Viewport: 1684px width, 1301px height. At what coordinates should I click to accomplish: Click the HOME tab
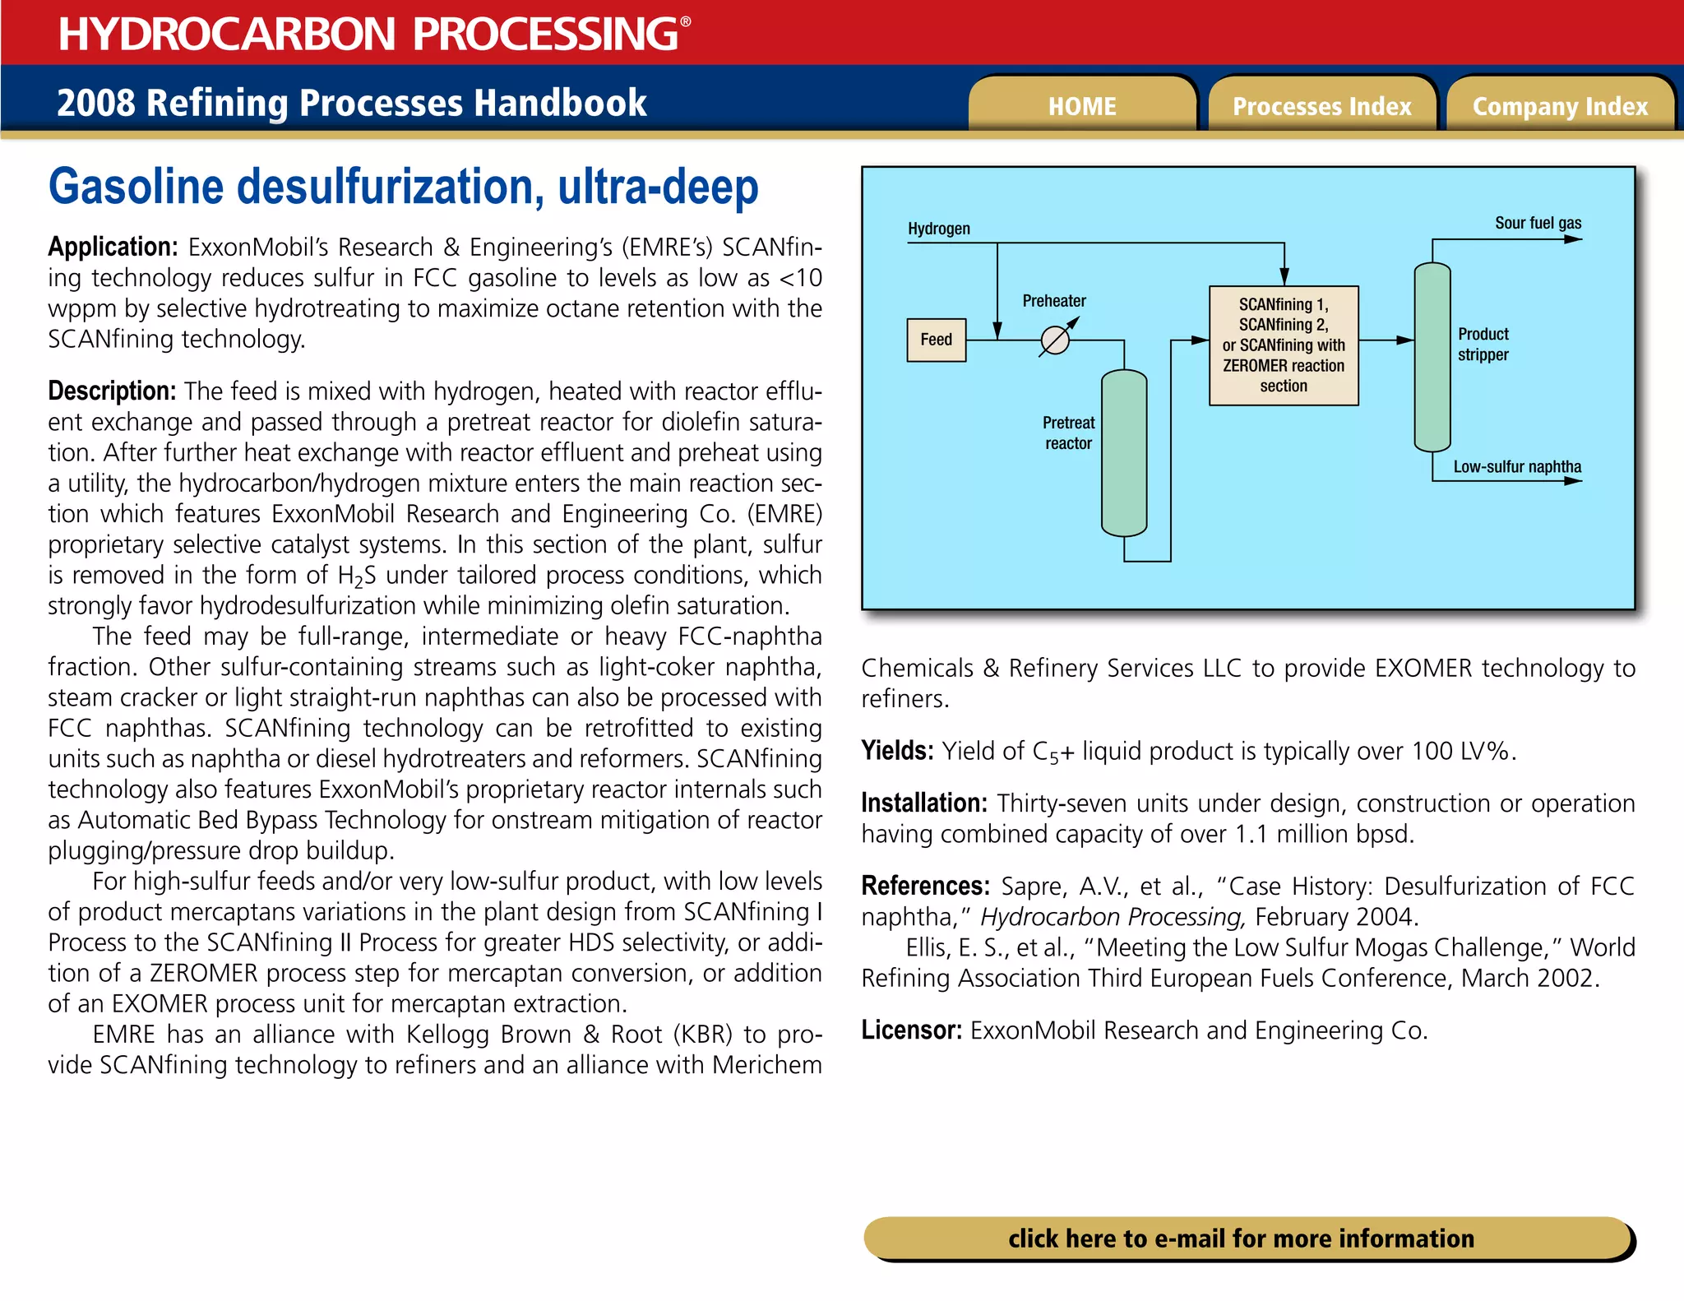click(1081, 106)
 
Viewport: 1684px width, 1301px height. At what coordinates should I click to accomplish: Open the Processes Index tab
click(1321, 106)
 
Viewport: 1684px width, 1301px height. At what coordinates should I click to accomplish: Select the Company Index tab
click(1560, 106)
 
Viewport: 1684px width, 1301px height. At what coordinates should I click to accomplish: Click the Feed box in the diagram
click(936, 340)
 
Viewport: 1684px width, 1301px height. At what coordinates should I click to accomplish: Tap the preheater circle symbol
click(1055, 340)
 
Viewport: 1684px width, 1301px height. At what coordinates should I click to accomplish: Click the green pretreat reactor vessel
click(1123, 453)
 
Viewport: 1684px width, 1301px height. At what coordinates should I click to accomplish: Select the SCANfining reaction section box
click(1283, 345)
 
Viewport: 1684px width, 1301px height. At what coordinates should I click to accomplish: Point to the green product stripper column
click(1432, 357)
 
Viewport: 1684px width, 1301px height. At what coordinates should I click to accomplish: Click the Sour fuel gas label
click(1537, 223)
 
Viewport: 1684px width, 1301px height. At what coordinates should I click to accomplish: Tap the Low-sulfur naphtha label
click(1516, 466)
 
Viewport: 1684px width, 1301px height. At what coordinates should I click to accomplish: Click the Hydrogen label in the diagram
click(938, 229)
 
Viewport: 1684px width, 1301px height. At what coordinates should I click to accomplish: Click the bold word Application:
click(113, 247)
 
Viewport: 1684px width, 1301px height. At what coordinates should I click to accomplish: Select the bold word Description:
click(112, 391)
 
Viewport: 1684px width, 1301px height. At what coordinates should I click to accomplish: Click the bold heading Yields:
click(896, 750)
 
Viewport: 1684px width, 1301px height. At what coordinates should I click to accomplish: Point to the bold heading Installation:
click(923, 803)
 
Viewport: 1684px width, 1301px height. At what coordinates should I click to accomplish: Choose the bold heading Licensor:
click(911, 1030)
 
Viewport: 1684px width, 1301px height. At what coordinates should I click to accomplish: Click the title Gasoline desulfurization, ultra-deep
click(403, 188)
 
